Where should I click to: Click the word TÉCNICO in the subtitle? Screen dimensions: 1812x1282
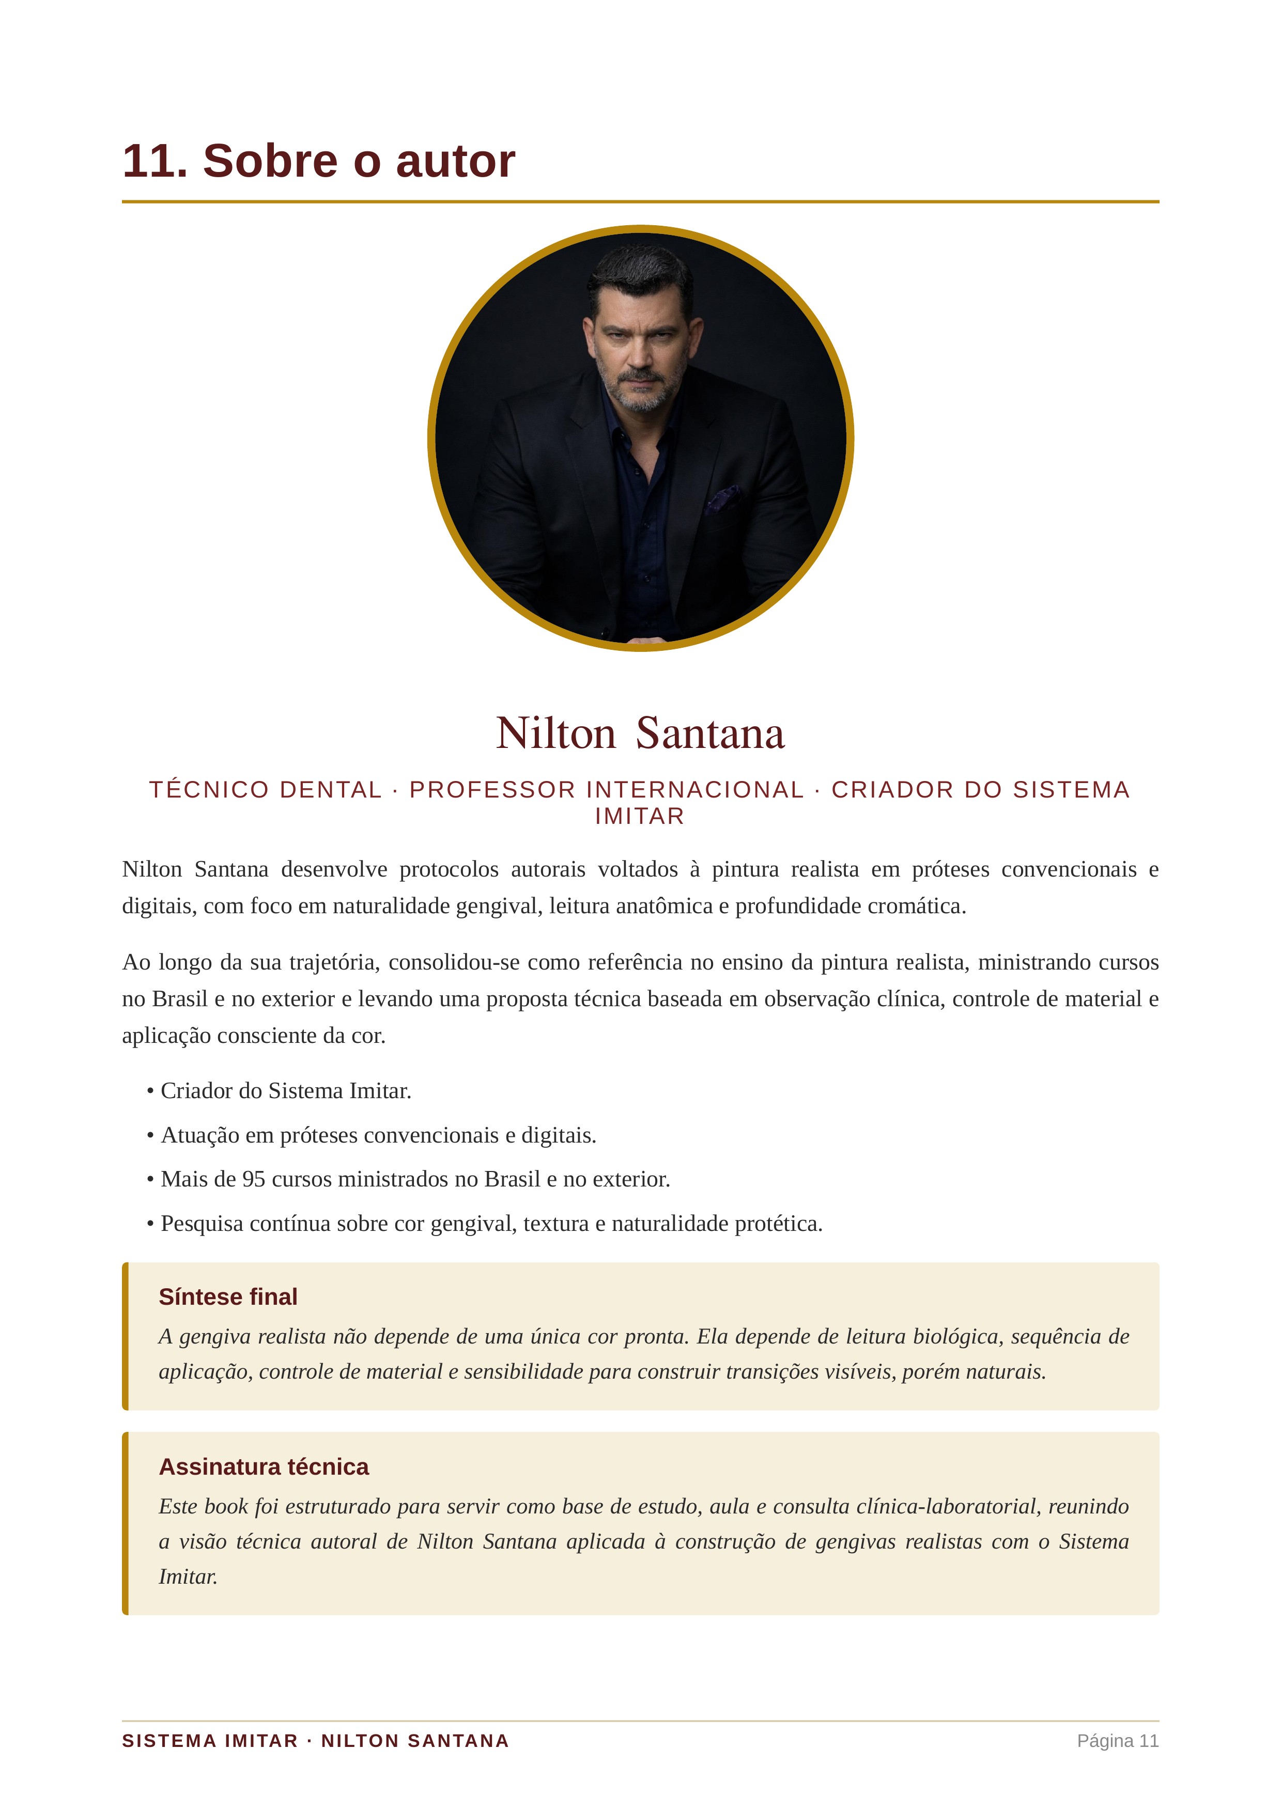209,789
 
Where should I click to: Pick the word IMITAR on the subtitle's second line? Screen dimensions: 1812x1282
639,816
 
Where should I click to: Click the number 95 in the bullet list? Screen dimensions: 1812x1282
253,1179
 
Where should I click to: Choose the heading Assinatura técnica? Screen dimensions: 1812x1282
264,1466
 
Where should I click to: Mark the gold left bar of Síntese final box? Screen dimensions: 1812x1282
126,1336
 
